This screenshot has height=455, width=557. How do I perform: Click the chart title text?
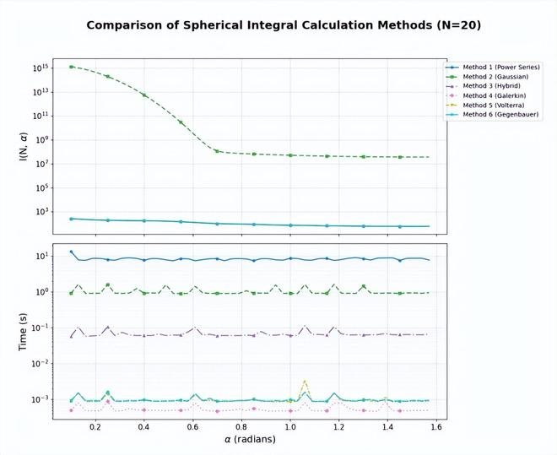[x=284, y=25]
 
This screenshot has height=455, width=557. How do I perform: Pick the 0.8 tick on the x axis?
[x=241, y=427]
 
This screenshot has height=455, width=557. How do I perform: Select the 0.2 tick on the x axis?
[x=95, y=427]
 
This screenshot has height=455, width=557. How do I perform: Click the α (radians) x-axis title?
[x=251, y=440]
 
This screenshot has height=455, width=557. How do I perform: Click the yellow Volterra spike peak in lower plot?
[x=305, y=382]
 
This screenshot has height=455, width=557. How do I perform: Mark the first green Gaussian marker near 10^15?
[x=72, y=67]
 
